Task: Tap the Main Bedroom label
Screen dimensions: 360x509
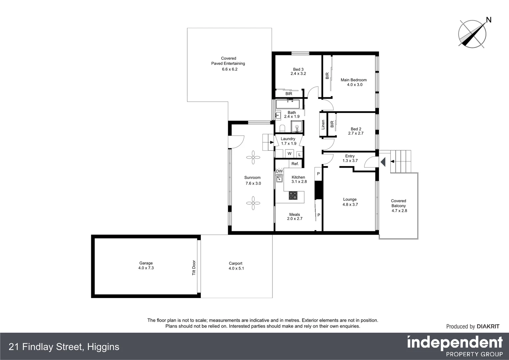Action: pos(353,80)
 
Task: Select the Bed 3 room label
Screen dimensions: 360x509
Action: pos(298,69)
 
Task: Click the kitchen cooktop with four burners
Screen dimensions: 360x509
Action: pos(293,195)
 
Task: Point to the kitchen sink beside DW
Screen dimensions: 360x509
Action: pos(279,179)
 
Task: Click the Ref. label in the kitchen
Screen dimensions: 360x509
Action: pos(295,164)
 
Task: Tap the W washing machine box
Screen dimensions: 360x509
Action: pos(289,154)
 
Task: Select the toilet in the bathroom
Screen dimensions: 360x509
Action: pos(282,128)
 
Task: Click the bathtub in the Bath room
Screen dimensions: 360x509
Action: pos(288,104)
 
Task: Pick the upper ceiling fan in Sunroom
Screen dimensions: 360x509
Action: pos(253,157)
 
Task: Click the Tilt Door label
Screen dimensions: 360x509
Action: pos(194,268)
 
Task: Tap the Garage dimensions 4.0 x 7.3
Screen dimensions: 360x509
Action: pos(146,268)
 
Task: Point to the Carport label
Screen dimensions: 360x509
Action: pos(236,263)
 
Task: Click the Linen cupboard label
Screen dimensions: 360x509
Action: pos(323,125)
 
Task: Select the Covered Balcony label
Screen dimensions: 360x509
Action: pos(398,203)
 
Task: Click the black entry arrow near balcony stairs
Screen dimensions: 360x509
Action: pos(383,162)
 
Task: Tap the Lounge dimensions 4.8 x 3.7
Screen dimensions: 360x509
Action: pos(350,205)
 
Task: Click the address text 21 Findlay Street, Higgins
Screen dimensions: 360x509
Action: pos(64,347)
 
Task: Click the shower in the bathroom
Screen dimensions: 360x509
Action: pos(297,127)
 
